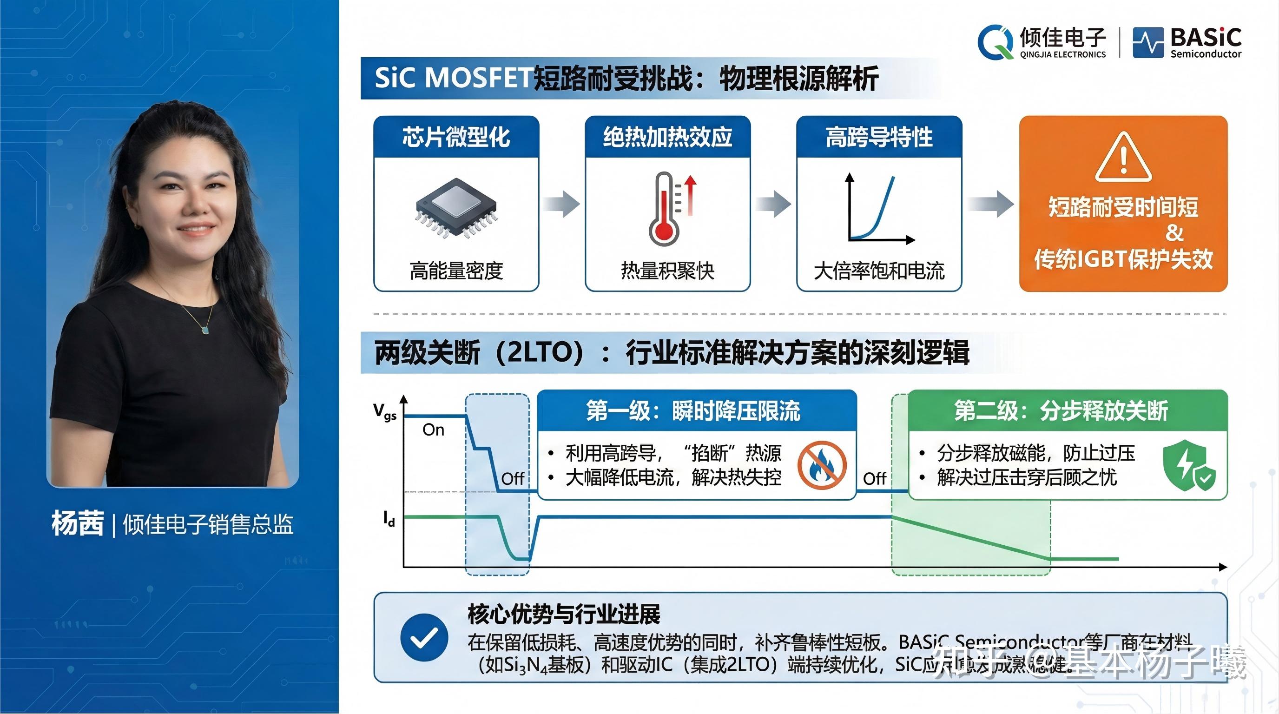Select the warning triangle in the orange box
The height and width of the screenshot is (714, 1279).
tap(1123, 158)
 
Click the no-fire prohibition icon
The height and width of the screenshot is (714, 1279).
tap(822, 466)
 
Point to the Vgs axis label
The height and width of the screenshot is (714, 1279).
tap(385, 411)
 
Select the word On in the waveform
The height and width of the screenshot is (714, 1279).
tap(433, 430)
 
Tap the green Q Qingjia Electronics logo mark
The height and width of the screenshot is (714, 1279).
tap(995, 42)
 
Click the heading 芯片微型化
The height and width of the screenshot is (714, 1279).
tap(456, 137)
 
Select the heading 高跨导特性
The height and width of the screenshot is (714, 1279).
tap(879, 137)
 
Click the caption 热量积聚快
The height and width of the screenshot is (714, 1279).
tap(667, 271)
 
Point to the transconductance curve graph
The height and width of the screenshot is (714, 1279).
tap(877, 209)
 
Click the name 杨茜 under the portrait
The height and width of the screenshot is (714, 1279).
tap(78, 523)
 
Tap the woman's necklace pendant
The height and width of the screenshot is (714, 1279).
tap(205, 329)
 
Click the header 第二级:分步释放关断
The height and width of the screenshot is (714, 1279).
tap(1061, 411)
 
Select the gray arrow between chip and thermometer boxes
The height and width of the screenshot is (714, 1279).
tap(561, 204)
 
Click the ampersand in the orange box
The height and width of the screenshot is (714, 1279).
tap(1174, 233)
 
